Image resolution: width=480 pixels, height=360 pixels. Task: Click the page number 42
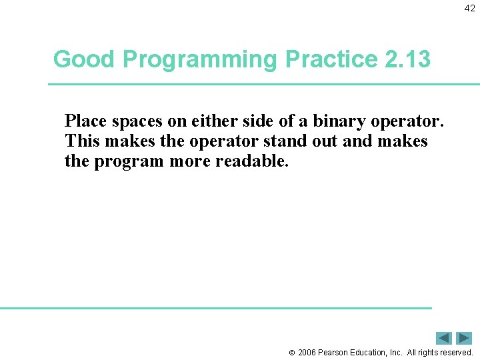pyautogui.click(x=470, y=8)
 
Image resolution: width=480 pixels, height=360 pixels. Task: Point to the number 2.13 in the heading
pyautogui.click(x=408, y=59)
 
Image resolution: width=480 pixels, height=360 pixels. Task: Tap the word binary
pyautogui.click(x=337, y=121)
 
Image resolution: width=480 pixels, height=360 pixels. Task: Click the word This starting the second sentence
pyautogui.click(x=81, y=141)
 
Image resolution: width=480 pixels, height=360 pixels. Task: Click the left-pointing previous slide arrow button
pyautogui.click(x=444, y=338)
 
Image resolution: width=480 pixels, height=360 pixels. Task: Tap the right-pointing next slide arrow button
pyautogui.click(x=464, y=338)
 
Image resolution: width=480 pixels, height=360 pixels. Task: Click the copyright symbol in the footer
pyautogui.click(x=291, y=352)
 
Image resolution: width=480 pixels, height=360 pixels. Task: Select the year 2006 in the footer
pyautogui.click(x=307, y=352)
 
